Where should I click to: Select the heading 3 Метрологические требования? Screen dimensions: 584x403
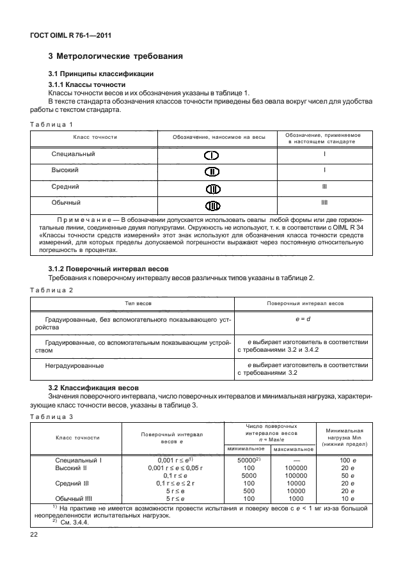pos(116,56)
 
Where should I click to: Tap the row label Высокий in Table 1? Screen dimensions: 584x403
pos(65,171)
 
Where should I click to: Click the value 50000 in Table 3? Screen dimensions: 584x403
pos(247,460)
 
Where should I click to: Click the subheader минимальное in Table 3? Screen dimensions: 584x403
pos(246,448)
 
